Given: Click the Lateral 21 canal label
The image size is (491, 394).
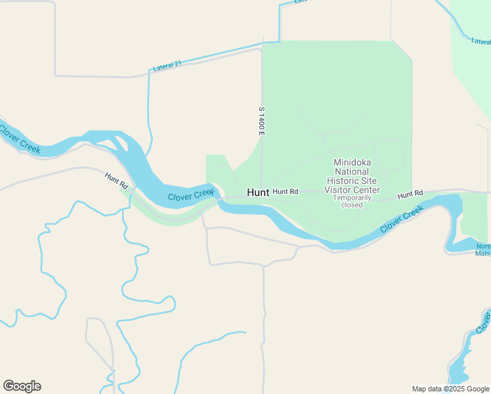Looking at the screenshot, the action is click(x=167, y=66).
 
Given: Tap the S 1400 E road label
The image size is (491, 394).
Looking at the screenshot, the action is click(x=261, y=121).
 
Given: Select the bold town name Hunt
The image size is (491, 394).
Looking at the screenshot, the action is click(x=258, y=192).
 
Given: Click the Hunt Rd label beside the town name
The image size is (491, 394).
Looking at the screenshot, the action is click(x=286, y=192).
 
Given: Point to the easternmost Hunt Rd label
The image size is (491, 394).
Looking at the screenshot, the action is click(x=410, y=194).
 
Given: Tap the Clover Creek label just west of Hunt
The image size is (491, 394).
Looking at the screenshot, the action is click(x=191, y=195).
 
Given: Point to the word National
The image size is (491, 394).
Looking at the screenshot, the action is click(x=355, y=171).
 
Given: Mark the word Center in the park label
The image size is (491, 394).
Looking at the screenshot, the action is click(x=366, y=190).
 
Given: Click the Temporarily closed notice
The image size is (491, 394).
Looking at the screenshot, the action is click(x=352, y=201).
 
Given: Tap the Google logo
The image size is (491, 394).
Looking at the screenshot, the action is click(x=22, y=386).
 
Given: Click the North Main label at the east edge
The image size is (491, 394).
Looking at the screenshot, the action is click(x=483, y=250).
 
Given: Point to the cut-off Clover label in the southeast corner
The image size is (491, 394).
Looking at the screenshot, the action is click(x=484, y=322).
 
